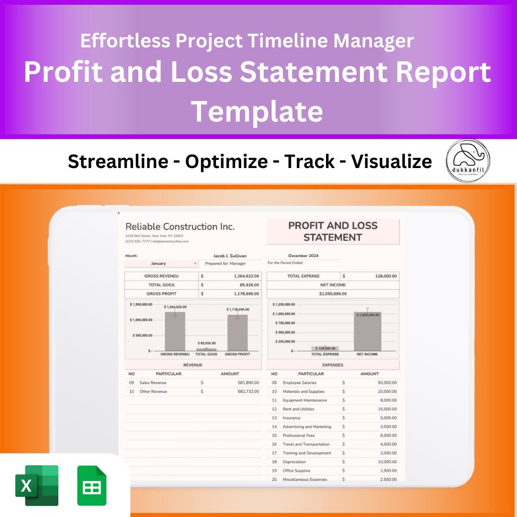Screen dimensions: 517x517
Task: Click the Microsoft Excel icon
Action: click(x=37, y=485)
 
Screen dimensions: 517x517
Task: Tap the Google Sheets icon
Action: click(x=92, y=485)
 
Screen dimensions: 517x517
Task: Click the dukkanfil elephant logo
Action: click(x=468, y=160)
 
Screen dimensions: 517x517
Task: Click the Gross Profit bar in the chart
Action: click(x=237, y=333)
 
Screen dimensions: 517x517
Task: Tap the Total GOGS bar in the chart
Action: click(x=206, y=349)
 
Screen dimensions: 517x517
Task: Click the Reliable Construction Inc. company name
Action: click(x=180, y=226)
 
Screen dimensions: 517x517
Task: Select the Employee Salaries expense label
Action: click(x=299, y=382)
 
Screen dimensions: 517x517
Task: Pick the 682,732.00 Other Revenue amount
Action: click(x=248, y=392)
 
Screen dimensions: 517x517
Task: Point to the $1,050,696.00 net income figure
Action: click(x=333, y=294)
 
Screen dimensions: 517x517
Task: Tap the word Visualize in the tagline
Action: click(x=392, y=162)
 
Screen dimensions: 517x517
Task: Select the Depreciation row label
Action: click(x=294, y=462)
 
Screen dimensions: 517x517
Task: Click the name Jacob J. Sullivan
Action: click(x=230, y=256)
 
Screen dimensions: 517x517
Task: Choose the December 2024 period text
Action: click(x=303, y=256)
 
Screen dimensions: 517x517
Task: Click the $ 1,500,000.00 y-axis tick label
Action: click(x=141, y=304)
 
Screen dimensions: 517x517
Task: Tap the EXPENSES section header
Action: click(x=333, y=365)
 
